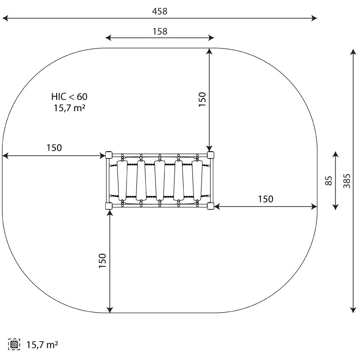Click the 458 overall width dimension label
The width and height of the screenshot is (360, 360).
160,11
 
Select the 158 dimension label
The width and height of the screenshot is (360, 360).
160,31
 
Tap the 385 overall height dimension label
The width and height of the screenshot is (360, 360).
347,181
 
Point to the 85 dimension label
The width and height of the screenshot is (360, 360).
329,181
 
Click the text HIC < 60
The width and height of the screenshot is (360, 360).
69,97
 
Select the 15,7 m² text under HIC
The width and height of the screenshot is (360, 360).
70,108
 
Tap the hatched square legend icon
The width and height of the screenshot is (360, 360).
14,344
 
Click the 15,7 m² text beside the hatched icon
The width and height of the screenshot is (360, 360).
42,345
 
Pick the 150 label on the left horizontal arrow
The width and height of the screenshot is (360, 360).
54,148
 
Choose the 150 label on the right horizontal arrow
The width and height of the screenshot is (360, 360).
265,199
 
